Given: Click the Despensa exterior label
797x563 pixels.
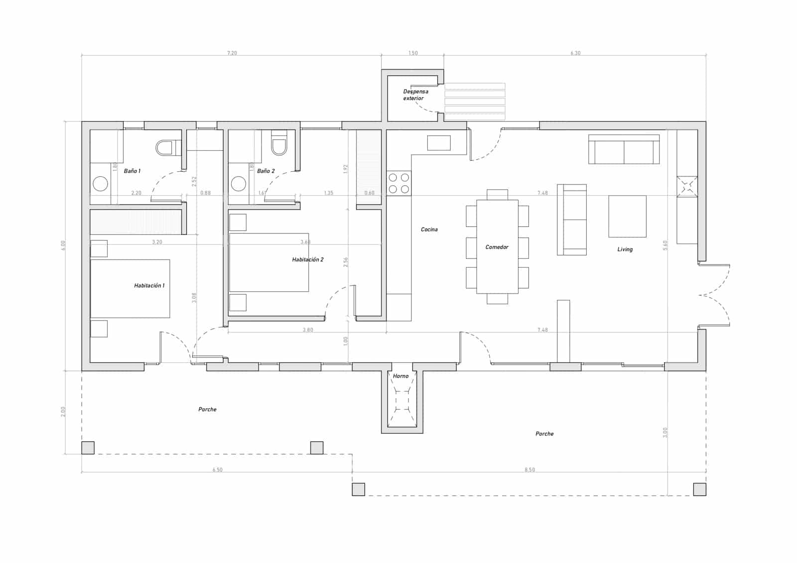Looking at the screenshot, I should pos(415,95).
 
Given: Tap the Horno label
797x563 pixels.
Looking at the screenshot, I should pos(400,376).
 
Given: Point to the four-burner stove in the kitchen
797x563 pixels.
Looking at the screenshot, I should pos(399,183).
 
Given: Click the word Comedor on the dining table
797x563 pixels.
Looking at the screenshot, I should pos(497,247).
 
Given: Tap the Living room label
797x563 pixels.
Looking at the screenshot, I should pos(625,249).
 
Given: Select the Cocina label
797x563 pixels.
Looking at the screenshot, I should pos(429,229).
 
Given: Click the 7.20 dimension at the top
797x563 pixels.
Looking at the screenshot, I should pos(232,53).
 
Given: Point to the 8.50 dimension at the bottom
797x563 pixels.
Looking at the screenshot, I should pos(530,470).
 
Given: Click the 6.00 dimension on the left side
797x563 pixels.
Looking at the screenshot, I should pos(63,245).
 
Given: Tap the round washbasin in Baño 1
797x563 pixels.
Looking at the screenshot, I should pos(101,184).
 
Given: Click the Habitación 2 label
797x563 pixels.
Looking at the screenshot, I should pos(307,260).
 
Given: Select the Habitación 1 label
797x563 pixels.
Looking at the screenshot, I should pos(149,286).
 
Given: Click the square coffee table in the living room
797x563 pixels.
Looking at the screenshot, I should pos(627,216).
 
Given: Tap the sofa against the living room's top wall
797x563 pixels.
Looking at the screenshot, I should pos(624,149).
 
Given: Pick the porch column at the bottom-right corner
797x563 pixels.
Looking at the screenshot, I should pos(699,489).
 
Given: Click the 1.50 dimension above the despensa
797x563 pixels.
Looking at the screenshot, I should pos(412,53).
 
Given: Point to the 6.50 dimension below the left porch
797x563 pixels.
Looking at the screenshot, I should pos(217,470).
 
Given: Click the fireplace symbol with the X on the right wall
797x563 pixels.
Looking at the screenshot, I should pos(687,187).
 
